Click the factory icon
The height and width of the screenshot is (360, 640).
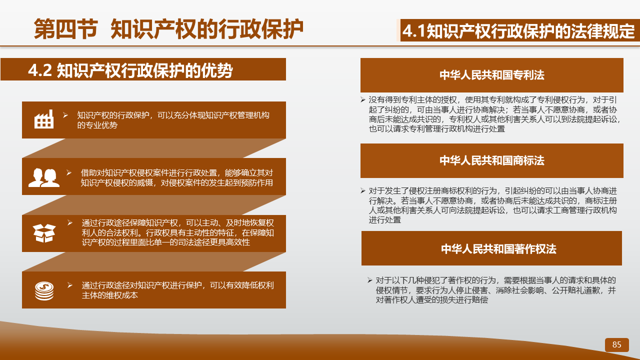coord(43,119)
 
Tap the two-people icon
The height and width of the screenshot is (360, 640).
coord(44,177)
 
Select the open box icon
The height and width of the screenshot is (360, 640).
coord(44,233)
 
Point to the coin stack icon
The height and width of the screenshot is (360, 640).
coord(44,291)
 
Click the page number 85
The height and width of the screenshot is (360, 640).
coord(616,344)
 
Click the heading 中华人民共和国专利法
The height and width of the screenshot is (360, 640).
coord(491,75)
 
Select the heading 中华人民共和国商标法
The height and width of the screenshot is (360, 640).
coord(491,160)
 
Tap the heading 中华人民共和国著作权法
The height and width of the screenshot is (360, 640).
coord(498,249)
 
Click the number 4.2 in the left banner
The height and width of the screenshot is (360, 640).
coord(40,70)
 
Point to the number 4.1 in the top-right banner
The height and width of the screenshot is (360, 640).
coord(414,31)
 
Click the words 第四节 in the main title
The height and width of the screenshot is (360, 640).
coord(65,29)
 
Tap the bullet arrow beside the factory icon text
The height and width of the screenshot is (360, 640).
coord(65,115)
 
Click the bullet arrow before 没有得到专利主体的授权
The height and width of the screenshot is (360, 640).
coord(363,99)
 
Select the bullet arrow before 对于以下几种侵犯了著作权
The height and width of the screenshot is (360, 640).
coord(370,280)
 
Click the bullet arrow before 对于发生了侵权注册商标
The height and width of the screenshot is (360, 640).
coord(363,190)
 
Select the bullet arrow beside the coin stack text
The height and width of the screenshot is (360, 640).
coord(69,285)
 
